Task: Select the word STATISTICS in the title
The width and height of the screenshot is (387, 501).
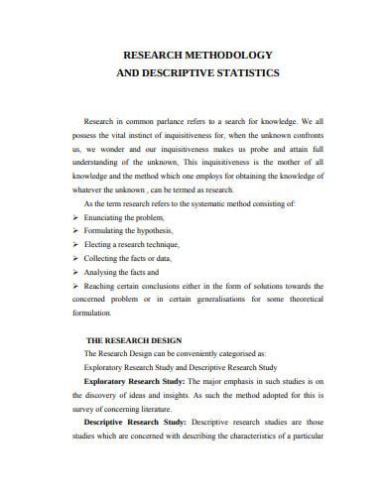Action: pyautogui.click(x=249, y=73)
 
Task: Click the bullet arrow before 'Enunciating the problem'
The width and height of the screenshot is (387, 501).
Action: pyautogui.click(x=76, y=216)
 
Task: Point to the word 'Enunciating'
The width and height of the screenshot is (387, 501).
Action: pyautogui.click(x=108, y=216)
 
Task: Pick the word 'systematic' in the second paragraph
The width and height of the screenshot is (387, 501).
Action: pyautogui.click(x=219, y=202)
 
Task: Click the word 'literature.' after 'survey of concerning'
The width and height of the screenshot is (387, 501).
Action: pyautogui.click(x=164, y=407)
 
